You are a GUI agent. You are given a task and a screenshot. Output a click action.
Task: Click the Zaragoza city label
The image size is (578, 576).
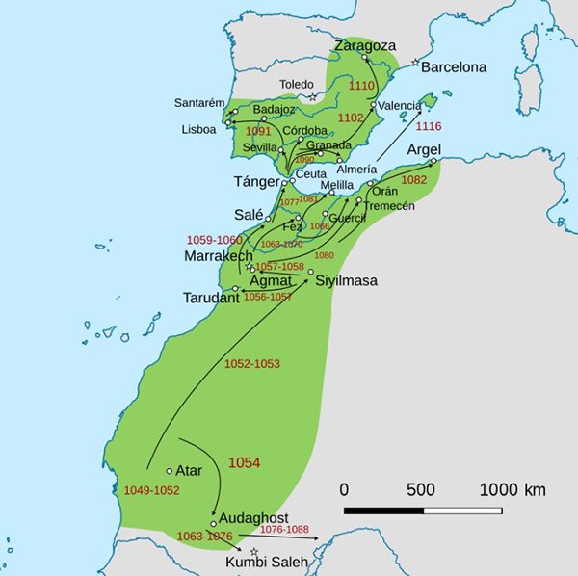point(364,45)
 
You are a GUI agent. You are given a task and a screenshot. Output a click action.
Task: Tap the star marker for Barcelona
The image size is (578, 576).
point(415,64)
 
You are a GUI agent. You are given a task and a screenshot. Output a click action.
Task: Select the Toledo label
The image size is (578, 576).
point(297,84)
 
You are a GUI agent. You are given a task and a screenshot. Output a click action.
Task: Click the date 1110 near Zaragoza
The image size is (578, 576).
point(361,86)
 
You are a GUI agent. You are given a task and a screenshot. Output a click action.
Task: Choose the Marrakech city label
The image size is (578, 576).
point(219,256)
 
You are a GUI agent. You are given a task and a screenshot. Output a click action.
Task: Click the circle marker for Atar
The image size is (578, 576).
point(170,471)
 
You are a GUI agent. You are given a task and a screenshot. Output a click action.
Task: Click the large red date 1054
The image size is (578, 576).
point(244,463)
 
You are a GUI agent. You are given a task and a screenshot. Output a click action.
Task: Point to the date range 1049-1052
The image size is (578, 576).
point(152,491)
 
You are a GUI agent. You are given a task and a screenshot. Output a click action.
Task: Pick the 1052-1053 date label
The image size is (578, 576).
point(251,363)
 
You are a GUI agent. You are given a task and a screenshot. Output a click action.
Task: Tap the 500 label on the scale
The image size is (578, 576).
point(421,489)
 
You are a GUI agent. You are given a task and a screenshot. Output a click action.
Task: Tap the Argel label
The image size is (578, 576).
point(424,150)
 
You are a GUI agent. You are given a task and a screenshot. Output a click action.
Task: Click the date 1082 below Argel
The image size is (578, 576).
point(413,179)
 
